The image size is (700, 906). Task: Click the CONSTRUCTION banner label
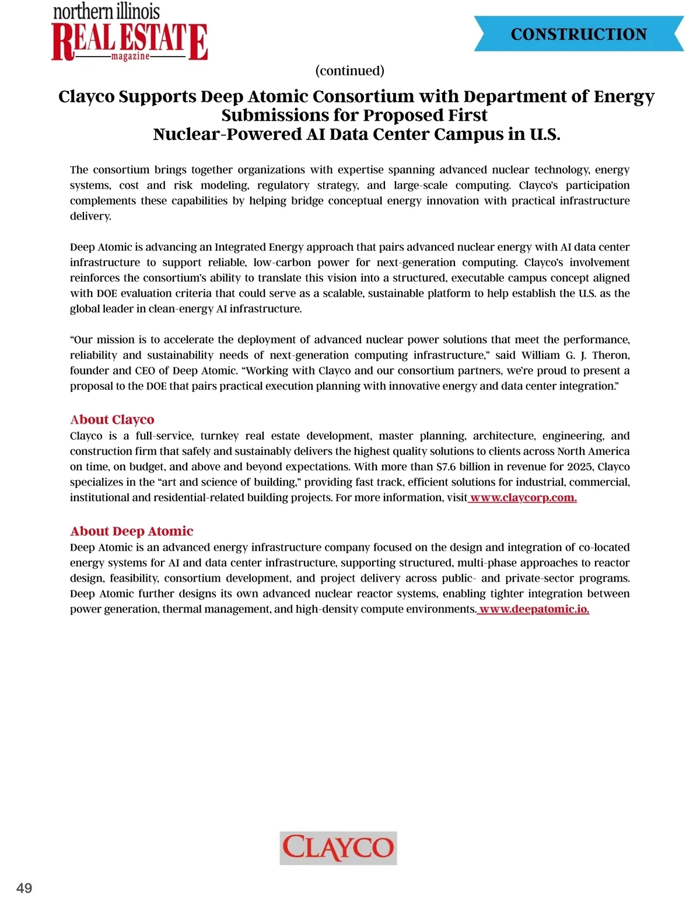(579, 34)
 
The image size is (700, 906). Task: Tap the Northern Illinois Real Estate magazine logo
(129, 33)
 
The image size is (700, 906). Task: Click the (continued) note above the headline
(349, 71)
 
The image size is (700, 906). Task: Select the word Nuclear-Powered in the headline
(205, 134)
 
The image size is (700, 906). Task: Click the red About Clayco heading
(112, 419)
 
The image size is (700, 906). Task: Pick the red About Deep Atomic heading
(131, 531)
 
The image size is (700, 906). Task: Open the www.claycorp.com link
(523, 498)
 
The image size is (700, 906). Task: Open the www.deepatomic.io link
(534, 609)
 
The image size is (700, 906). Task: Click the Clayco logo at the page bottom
(338, 848)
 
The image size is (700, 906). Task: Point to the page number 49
(24, 888)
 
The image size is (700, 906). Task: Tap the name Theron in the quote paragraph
(611, 355)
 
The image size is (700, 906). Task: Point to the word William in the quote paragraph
(541, 355)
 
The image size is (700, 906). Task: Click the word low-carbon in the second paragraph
(282, 263)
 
